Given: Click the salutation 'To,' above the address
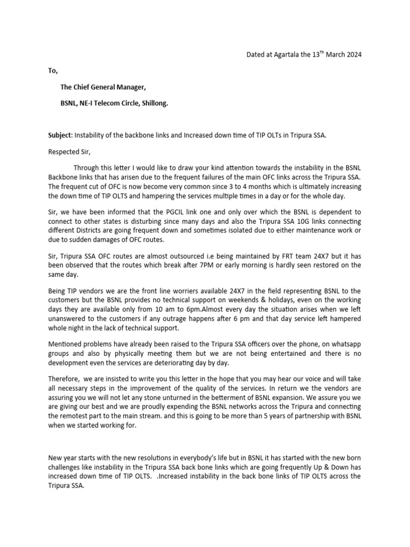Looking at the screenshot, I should pos(52,71).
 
